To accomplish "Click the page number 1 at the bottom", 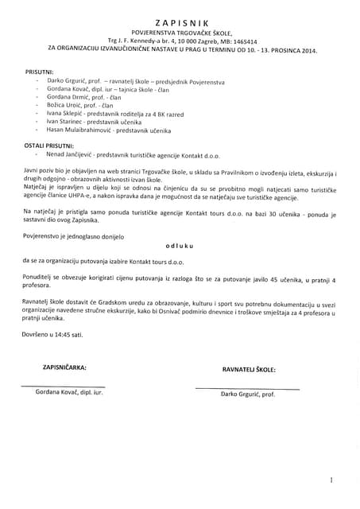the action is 331,480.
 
